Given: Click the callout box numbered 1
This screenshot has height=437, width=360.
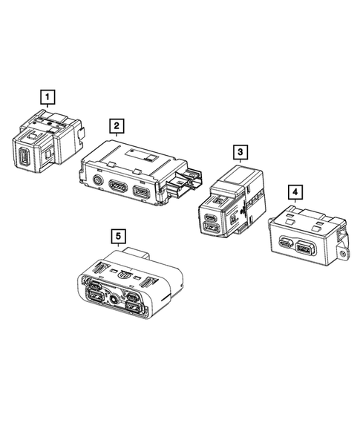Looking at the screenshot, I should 47,96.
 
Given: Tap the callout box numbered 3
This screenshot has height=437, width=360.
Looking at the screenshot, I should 240,152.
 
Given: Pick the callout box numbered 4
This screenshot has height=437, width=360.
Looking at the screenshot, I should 295,193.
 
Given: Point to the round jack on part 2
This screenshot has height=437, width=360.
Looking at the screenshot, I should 97,180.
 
